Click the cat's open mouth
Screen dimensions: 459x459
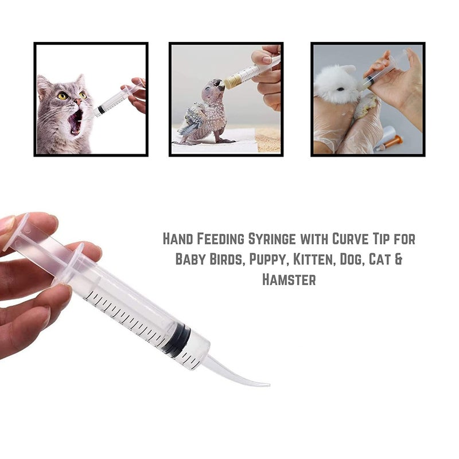tap(75, 122)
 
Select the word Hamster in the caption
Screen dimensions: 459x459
tap(289, 279)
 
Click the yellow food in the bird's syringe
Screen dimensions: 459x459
tap(232, 81)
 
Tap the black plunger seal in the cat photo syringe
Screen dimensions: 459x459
tap(102, 109)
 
